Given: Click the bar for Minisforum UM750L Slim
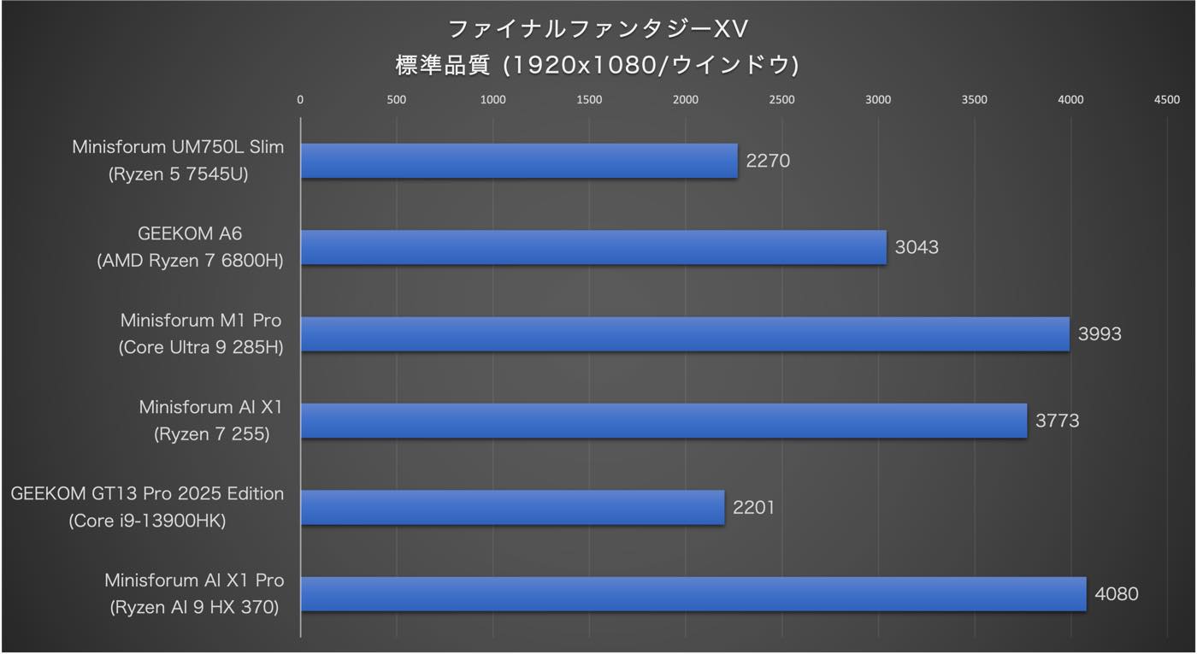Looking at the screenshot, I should click(x=519, y=161).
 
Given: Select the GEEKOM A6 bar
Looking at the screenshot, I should click(x=593, y=247).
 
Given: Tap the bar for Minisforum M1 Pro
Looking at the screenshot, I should click(x=685, y=334).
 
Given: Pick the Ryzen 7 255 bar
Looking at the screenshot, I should click(x=663, y=421).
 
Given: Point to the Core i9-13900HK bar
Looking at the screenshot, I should click(x=512, y=507).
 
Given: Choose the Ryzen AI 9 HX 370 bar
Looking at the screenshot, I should click(x=693, y=594).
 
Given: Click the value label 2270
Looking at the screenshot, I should click(x=768, y=161).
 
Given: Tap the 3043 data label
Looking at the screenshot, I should click(x=917, y=247).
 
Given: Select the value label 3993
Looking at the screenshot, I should click(x=1100, y=334).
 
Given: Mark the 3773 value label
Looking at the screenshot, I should click(x=1057, y=421).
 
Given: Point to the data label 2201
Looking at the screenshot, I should click(x=753, y=507).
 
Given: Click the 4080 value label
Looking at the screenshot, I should click(x=1117, y=594).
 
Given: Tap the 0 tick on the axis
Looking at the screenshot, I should click(x=300, y=100).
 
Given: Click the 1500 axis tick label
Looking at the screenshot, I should click(x=589, y=100).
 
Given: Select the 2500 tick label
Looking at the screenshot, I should click(x=781, y=100).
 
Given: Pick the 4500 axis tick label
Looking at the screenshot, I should click(x=1167, y=100).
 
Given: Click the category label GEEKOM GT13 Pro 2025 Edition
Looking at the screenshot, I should click(x=147, y=494).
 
